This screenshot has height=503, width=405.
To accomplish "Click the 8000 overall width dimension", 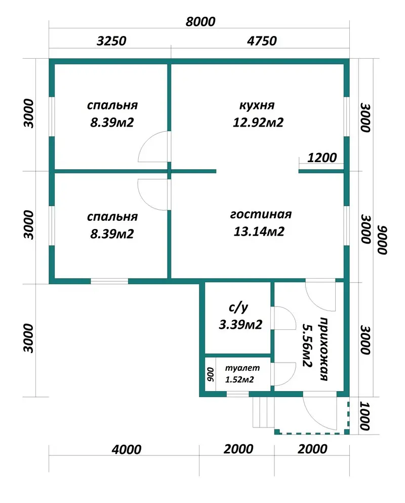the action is (200, 22).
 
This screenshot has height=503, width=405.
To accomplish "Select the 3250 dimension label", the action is (111, 41).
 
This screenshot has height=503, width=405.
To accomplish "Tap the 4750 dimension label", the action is (262, 41).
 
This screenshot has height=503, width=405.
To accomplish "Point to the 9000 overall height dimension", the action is (382, 240).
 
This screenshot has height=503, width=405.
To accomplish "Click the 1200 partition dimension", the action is (322, 158).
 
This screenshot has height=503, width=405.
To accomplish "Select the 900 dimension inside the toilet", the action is (211, 374).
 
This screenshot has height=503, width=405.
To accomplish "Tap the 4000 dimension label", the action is (127, 449).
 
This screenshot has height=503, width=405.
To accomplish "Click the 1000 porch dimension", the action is (365, 416).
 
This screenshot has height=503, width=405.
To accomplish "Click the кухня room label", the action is (257, 105).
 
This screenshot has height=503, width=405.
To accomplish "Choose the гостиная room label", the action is (261, 214).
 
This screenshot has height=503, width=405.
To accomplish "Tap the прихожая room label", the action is (324, 349).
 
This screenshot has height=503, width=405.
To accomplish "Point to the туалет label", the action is (242, 368).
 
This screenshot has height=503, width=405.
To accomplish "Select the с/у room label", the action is (238, 307).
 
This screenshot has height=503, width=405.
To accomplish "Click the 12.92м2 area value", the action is (258, 123).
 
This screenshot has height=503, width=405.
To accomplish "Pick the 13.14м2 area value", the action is (259, 231).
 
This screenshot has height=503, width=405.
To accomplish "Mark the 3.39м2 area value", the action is (240, 325).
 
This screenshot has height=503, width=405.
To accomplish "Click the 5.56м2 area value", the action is (307, 345).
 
